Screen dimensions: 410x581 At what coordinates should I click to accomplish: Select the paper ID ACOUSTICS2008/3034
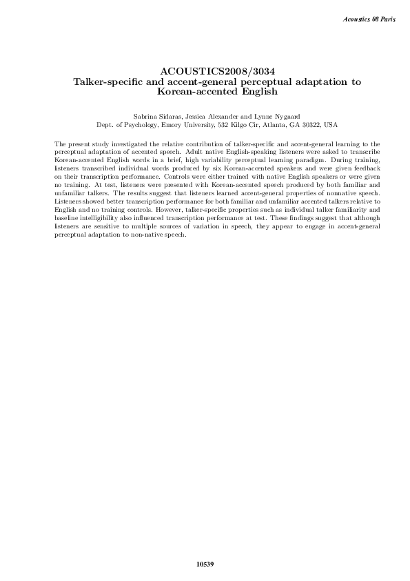point(205,72)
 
